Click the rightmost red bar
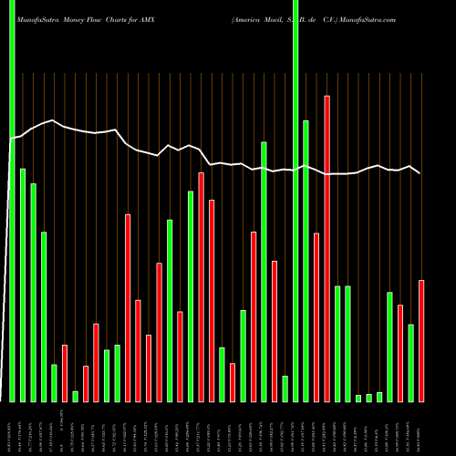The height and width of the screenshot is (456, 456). click(x=421, y=340)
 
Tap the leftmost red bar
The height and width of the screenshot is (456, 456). click(x=65, y=373)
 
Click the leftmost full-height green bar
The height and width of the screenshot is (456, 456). click(x=12, y=201)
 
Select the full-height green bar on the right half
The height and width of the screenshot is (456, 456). click(x=295, y=201)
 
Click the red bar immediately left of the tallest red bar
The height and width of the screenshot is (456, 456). click(x=316, y=316)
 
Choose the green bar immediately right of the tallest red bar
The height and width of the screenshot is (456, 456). click(x=337, y=344)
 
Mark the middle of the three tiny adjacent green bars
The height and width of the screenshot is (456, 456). click(x=369, y=397)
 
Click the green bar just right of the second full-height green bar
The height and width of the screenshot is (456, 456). click(x=306, y=261)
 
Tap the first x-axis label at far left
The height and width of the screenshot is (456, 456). click(x=12, y=428)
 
